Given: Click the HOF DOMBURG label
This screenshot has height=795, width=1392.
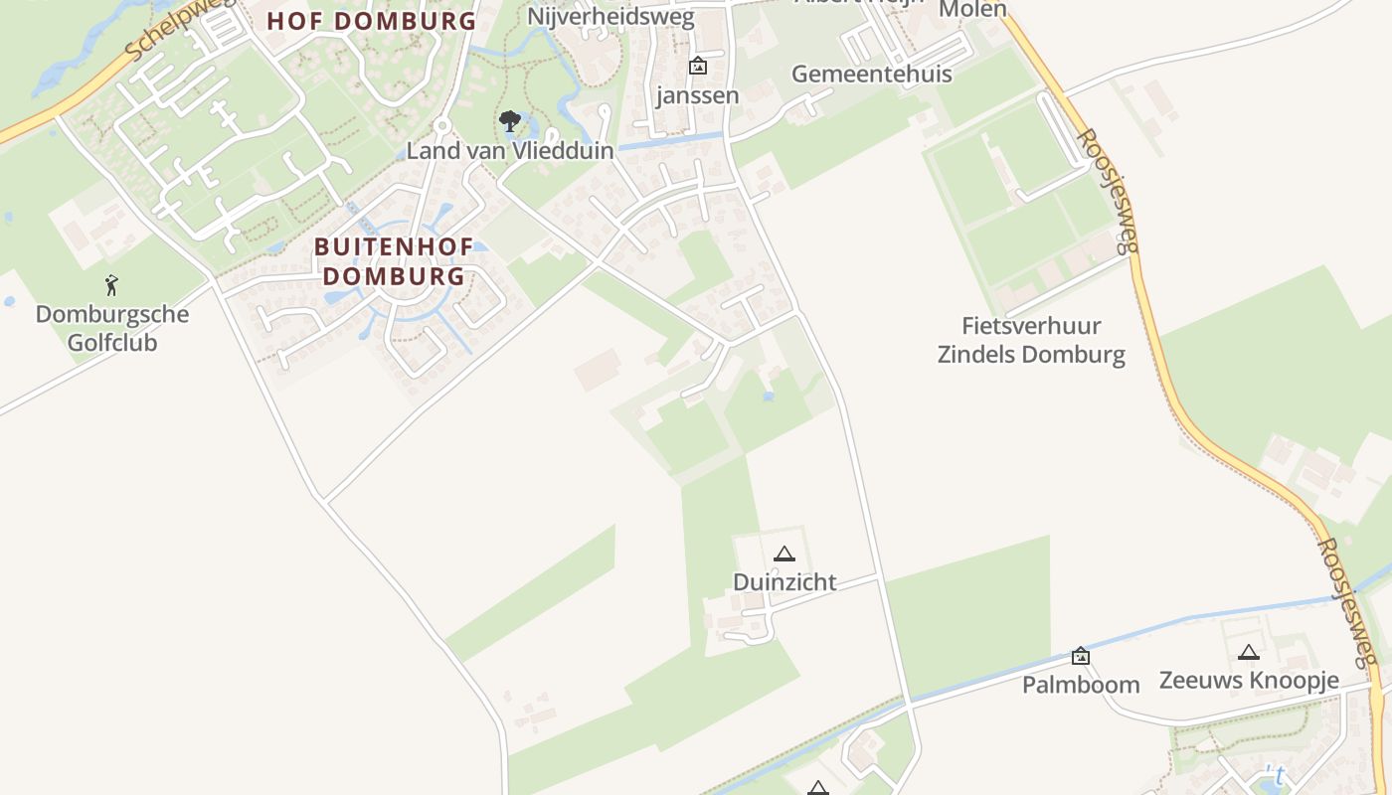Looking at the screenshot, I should pos(371,21).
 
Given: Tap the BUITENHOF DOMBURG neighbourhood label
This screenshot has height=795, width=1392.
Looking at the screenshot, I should pos(394,261).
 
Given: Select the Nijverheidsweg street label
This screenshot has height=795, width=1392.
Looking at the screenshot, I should pos(611,17).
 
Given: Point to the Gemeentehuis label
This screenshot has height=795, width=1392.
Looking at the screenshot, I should pos(871,75).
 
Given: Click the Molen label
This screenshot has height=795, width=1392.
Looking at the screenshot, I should pos(972,10).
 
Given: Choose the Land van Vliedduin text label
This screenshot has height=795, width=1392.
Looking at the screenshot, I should pos(510,151).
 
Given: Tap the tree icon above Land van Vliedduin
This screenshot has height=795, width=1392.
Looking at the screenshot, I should pos(510,122).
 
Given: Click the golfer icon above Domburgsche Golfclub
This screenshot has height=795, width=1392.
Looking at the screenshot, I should pos(111,286).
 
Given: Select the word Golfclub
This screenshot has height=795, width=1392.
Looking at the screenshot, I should pos(111,343).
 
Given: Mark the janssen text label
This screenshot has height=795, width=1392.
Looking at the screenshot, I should pos(698,96).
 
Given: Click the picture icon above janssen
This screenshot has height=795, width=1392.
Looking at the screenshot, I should pos(698,67).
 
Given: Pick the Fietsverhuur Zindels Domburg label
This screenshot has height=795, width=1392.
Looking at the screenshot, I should pos(1031,340).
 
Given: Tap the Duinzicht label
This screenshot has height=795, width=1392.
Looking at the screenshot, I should pos(784,582).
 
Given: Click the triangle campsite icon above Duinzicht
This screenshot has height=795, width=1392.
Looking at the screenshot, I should pos(784,555).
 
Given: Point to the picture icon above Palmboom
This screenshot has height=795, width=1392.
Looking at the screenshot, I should pos(1081,656).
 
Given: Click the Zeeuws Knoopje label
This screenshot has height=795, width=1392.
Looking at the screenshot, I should pos(1249,681).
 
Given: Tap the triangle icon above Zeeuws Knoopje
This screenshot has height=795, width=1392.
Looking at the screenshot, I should pos(1249,653).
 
